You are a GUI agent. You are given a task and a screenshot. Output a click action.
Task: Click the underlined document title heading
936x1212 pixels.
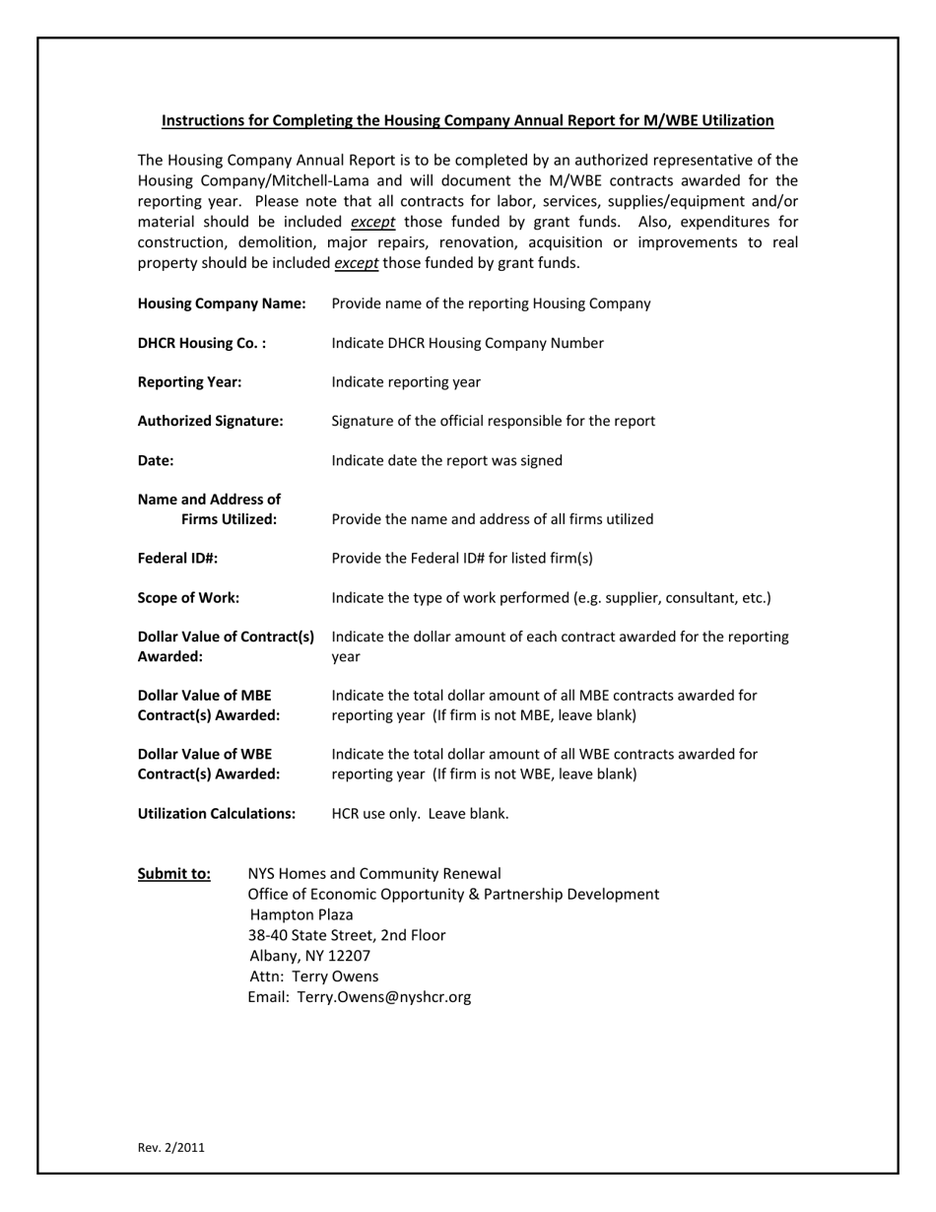coord(467,120)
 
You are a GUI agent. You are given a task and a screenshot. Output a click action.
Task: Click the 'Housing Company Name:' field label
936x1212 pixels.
coord(222,303)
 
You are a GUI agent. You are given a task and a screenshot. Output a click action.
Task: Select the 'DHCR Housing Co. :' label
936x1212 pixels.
coord(202,343)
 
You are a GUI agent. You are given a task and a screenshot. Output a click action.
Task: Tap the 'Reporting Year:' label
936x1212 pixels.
coord(189,382)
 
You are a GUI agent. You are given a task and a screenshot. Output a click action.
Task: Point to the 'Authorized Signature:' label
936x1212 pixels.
coord(210,421)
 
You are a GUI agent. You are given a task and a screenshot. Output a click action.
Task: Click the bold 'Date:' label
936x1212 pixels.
coord(156,460)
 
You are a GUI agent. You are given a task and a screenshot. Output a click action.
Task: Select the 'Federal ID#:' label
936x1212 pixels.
coord(177,558)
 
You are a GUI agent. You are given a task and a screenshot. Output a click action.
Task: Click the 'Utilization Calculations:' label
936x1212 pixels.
coord(217,814)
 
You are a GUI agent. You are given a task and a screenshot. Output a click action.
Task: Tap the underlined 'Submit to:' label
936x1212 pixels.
coord(173,874)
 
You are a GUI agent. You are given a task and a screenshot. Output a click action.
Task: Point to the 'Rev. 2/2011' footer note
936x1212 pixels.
coord(171,1147)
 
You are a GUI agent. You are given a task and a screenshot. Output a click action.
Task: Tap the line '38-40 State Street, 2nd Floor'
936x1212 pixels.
coord(347,935)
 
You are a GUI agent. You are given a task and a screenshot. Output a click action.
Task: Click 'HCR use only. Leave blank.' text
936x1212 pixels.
coord(420,814)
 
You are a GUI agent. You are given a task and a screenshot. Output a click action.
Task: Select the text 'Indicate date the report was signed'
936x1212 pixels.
coord(447,460)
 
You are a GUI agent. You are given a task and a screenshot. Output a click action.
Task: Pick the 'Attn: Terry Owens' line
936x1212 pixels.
coord(314,976)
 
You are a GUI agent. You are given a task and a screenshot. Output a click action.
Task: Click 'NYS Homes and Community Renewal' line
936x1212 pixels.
coord(374,874)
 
